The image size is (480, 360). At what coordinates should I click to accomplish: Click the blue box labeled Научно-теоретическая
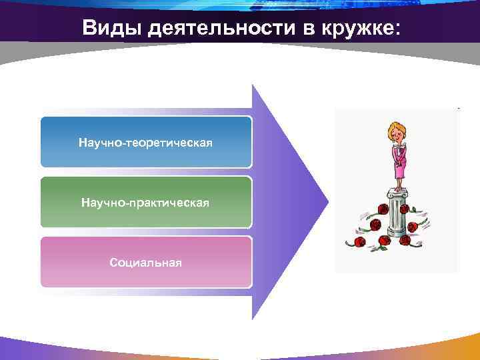(146, 142)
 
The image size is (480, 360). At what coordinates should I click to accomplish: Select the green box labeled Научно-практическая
(146, 202)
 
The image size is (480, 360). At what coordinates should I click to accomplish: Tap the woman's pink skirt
(399, 168)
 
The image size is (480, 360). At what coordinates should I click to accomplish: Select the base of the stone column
(398, 233)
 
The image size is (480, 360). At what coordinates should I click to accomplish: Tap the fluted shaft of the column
(398, 215)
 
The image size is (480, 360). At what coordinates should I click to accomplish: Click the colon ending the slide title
(399, 29)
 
